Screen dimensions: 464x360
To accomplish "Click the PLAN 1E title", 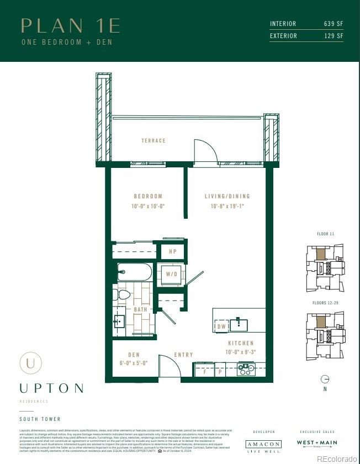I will coord(70,25).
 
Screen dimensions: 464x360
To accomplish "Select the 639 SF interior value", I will coord(333,24).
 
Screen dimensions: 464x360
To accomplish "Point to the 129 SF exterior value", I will coord(333,36).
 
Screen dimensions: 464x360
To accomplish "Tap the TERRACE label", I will coord(153,141).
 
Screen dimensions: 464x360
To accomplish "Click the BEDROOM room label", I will coord(148,196).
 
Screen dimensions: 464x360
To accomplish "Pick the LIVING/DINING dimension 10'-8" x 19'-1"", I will coord(227,207).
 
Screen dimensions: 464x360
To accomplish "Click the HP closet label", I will coord(172,251).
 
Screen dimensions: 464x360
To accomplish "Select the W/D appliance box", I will coord(172,274).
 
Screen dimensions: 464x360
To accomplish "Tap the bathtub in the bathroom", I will coord(135,272).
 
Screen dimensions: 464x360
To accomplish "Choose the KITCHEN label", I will coord(240,343).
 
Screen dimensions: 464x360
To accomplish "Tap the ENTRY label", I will coord(183,355).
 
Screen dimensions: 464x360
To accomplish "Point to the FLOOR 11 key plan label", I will coord(325,234).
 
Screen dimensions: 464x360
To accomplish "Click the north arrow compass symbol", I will coord(325,379).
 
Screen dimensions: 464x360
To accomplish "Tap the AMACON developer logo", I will coord(263,444).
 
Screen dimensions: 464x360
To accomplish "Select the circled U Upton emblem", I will coord(30,363).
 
